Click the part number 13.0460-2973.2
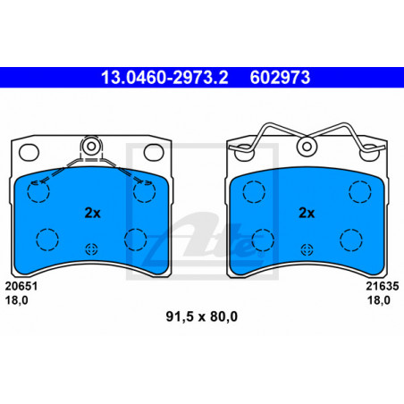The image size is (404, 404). (164, 78)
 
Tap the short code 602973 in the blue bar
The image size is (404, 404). (280, 78)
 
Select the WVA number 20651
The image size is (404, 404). (21, 286)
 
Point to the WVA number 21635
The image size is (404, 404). (383, 286)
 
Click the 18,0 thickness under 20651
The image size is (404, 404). (17, 300)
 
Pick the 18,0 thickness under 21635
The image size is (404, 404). (379, 300)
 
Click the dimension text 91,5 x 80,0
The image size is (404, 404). (202, 316)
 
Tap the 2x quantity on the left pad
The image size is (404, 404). (93, 213)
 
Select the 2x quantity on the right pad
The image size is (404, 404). (307, 213)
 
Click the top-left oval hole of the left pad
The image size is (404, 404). (29, 152)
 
